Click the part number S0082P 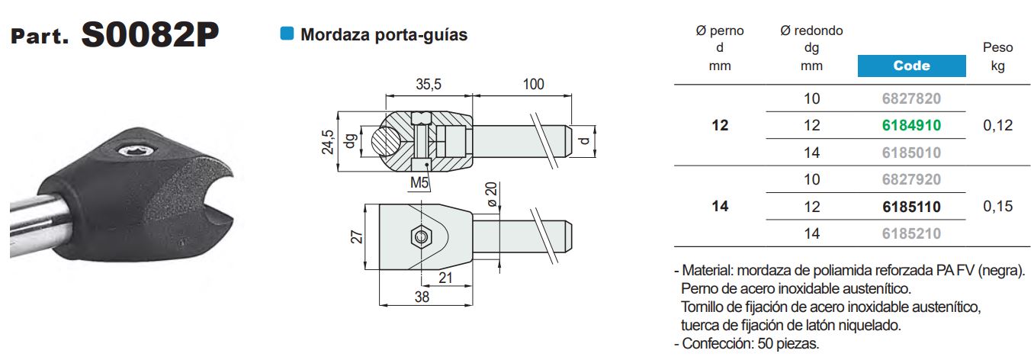tap(149, 34)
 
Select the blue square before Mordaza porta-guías tap(287, 34)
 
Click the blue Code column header tap(911, 66)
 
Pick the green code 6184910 tap(911, 125)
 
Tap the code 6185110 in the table tap(911, 207)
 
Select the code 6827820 tap(911, 98)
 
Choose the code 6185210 tap(911, 233)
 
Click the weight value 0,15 tap(997, 207)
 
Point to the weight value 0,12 tap(997, 125)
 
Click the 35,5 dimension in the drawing tap(428, 84)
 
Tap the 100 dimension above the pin tap(533, 84)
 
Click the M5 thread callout tap(419, 182)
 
